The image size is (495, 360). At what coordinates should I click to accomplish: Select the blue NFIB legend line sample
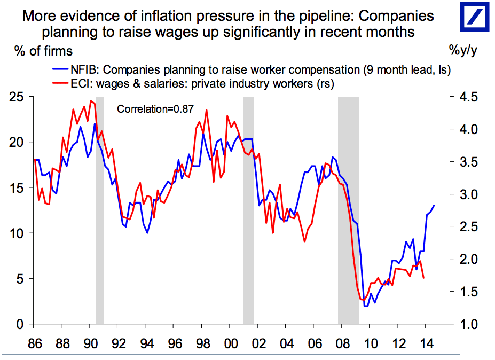pos(60,69)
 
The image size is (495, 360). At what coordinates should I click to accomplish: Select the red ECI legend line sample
pos(60,83)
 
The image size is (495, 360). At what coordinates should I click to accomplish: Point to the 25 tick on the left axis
pos(17,97)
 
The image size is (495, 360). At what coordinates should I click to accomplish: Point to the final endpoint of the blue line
pos(434,205)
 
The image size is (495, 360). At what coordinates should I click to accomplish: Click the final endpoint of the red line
pos(424,278)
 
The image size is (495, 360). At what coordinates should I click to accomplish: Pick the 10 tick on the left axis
pos(17,233)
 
